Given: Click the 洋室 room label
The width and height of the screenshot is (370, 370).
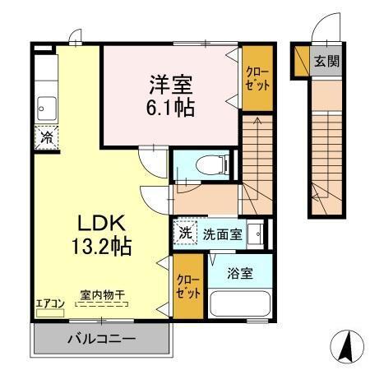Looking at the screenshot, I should [172, 84].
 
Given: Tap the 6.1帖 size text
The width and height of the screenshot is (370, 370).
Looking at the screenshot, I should [172, 107].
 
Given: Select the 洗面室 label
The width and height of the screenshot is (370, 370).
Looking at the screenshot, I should [222, 234].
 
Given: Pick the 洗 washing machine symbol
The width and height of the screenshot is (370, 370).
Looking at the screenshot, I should [186, 233].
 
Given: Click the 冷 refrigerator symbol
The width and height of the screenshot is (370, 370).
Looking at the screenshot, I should [48, 137].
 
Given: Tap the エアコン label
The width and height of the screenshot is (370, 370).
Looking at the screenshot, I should [50, 303].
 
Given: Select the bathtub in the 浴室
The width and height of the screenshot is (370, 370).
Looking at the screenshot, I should [240, 303].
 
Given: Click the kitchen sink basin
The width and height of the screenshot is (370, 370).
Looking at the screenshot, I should [46, 106].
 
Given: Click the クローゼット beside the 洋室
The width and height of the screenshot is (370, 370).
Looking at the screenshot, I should [255, 80].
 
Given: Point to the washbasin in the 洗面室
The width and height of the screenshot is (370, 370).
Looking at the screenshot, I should [256, 233].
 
